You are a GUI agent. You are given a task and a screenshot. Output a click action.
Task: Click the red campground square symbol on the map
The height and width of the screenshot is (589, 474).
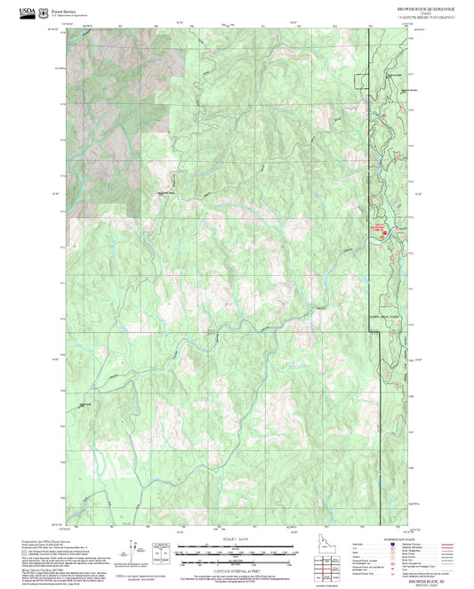pos(385,232)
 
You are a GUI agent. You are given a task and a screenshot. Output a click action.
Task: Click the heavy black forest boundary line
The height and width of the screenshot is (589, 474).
pos(370,178)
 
